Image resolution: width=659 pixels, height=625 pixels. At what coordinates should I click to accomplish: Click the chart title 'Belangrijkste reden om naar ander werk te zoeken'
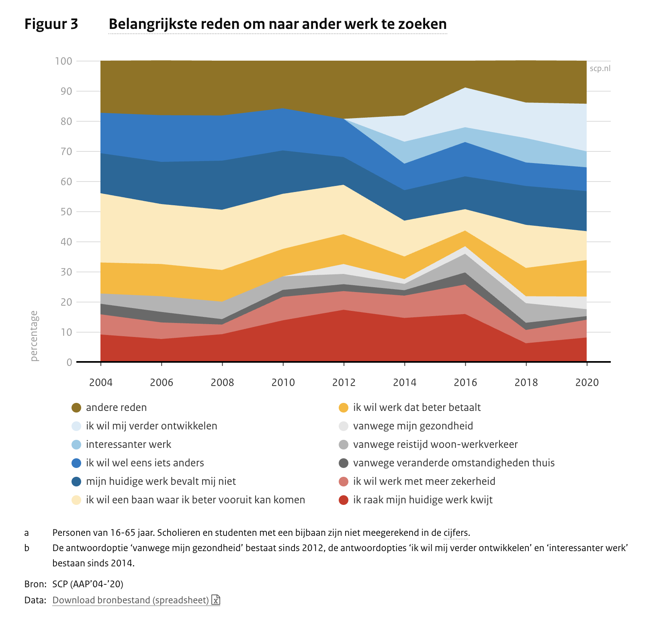[x=277, y=24]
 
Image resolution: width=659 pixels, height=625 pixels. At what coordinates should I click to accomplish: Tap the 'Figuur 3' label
[x=51, y=24]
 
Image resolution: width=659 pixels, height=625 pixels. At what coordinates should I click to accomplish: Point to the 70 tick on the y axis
[x=64, y=151]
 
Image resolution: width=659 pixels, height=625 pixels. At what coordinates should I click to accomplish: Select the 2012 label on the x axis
[x=344, y=382]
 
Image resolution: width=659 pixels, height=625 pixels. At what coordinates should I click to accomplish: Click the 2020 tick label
[x=587, y=382]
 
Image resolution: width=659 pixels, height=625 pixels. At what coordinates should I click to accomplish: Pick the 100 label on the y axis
[x=63, y=61]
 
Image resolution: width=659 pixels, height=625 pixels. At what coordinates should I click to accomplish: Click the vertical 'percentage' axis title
[x=34, y=336]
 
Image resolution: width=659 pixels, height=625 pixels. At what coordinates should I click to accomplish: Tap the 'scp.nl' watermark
[x=600, y=69]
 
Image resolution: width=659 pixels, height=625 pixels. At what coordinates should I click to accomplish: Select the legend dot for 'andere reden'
[x=76, y=408]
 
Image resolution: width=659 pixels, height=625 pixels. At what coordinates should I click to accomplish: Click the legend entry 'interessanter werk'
[x=128, y=445]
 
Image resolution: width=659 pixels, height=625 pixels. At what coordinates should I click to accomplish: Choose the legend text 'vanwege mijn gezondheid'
[x=413, y=426]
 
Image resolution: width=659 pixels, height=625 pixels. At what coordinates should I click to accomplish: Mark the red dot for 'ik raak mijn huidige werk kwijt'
[x=344, y=500]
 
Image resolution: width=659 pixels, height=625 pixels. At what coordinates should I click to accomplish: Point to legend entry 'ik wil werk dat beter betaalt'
[x=417, y=408]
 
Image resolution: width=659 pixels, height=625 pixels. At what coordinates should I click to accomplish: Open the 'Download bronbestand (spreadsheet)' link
[x=131, y=600]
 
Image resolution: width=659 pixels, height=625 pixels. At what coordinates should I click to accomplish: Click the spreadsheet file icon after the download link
[x=216, y=600]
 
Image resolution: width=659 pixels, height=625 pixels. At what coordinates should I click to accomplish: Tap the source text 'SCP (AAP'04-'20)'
[x=88, y=584]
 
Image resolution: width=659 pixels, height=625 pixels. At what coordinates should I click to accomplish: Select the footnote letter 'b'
[x=27, y=548]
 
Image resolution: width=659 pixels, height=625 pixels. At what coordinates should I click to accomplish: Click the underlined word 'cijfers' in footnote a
[x=456, y=533]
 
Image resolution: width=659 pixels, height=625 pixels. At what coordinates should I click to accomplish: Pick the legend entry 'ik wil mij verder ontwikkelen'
[x=151, y=426]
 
